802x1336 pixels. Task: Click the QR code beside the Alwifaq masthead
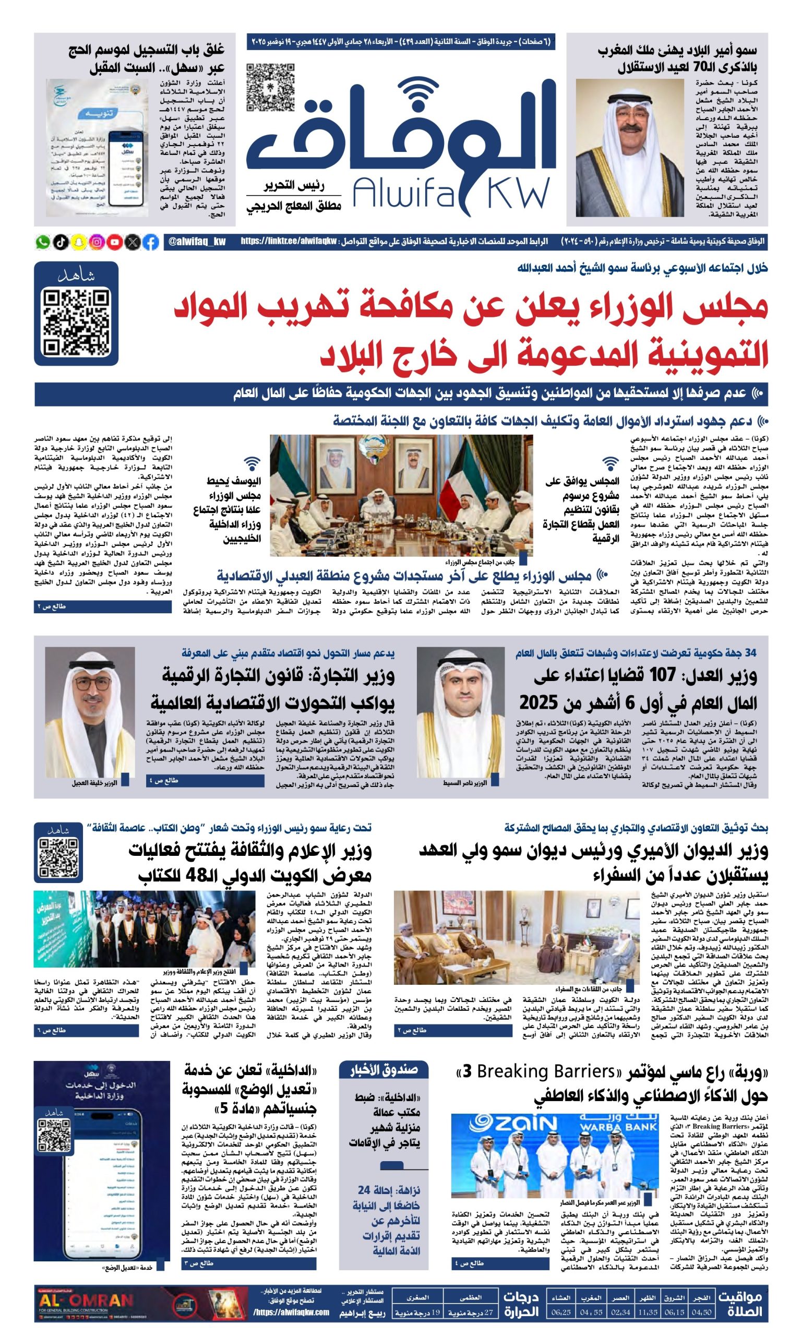[271, 88]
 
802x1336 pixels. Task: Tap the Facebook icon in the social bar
[151, 242]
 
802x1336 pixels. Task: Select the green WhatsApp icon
[43, 242]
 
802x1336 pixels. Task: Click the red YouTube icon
[115, 242]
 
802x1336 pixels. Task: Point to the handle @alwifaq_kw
[197, 242]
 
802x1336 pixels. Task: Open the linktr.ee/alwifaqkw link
[289, 242]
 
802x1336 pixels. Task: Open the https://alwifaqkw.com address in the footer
[291, 1312]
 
